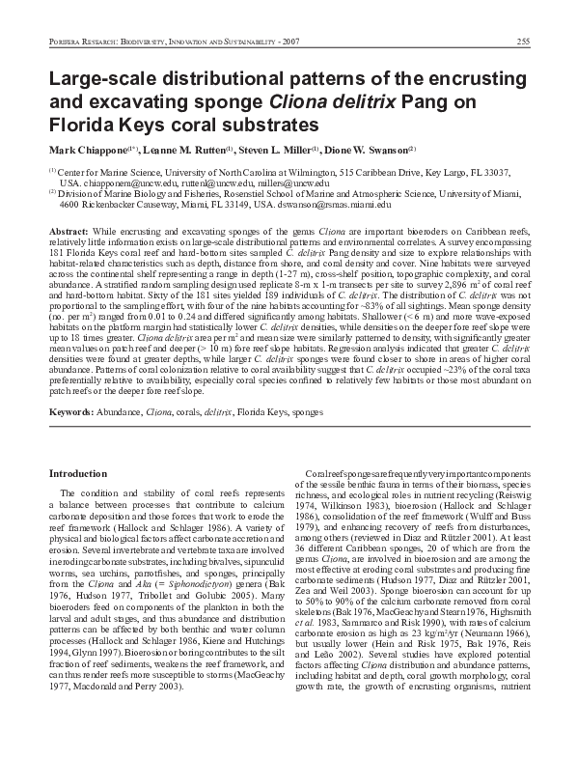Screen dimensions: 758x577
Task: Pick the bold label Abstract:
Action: [69, 234]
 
